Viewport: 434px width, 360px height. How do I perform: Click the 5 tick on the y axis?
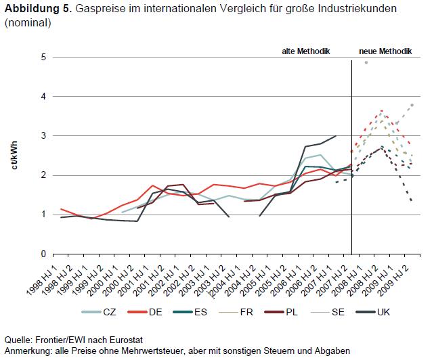[x=42, y=57]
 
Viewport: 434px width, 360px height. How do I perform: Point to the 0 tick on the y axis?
[x=42, y=254]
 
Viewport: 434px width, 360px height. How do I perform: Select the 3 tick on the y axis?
[x=42, y=136]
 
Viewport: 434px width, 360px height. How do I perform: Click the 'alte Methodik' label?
[x=305, y=51]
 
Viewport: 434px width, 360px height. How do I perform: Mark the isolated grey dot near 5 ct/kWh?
[x=366, y=62]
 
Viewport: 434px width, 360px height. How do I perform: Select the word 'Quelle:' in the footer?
[x=19, y=340]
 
